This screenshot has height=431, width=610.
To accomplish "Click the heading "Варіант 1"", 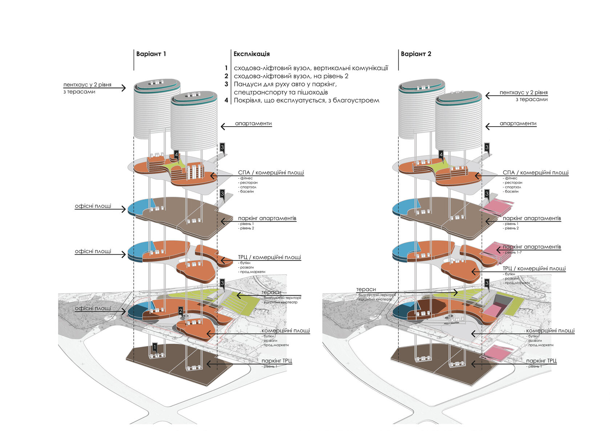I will pyautogui.click(x=151, y=54).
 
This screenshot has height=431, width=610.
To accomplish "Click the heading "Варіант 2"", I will pyautogui.click(x=416, y=54).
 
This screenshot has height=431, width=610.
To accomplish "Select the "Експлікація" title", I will pyautogui.click(x=251, y=54).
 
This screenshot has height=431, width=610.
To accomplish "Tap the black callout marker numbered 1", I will pyautogui.click(x=155, y=348).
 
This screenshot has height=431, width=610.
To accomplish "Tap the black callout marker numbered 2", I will pyautogui.click(x=180, y=311).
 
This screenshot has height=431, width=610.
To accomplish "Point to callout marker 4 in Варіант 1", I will pyautogui.click(x=176, y=155).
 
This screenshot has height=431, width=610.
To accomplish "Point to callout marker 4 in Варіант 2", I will pyautogui.click(x=441, y=155).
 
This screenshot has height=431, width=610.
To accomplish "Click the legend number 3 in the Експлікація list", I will pyautogui.click(x=226, y=84).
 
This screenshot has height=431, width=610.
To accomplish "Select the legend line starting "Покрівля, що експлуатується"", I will pyautogui.click(x=306, y=100).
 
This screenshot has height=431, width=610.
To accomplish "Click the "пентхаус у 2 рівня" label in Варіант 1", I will pyautogui.click(x=87, y=85).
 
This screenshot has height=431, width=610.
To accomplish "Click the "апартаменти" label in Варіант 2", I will pyautogui.click(x=518, y=123).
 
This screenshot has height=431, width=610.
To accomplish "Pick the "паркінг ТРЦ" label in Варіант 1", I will pyautogui.click(x=277, y=361).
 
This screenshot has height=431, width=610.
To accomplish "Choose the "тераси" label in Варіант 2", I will pyautogui.click(x=366, y=289).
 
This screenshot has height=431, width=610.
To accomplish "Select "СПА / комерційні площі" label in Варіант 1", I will pyautogui.click(x=271, y=173).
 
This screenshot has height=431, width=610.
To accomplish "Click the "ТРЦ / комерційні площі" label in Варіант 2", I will pyautogui.click(x=534, y=268).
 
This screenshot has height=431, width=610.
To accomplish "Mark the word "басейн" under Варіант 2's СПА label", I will pyautogui.click(x=512, y=191).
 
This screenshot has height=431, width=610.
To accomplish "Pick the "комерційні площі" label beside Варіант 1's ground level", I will pyautogui.click(x=285, y=331).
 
